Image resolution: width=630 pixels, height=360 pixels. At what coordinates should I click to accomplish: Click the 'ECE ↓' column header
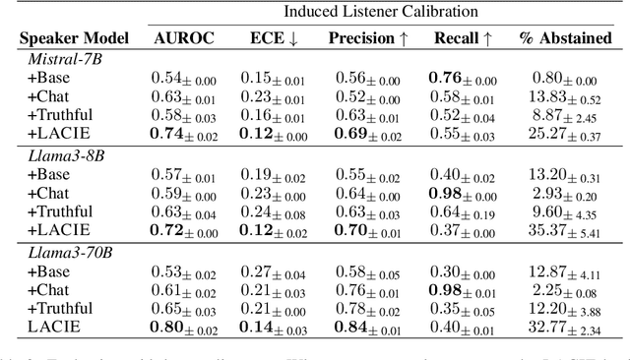[273, 38]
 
